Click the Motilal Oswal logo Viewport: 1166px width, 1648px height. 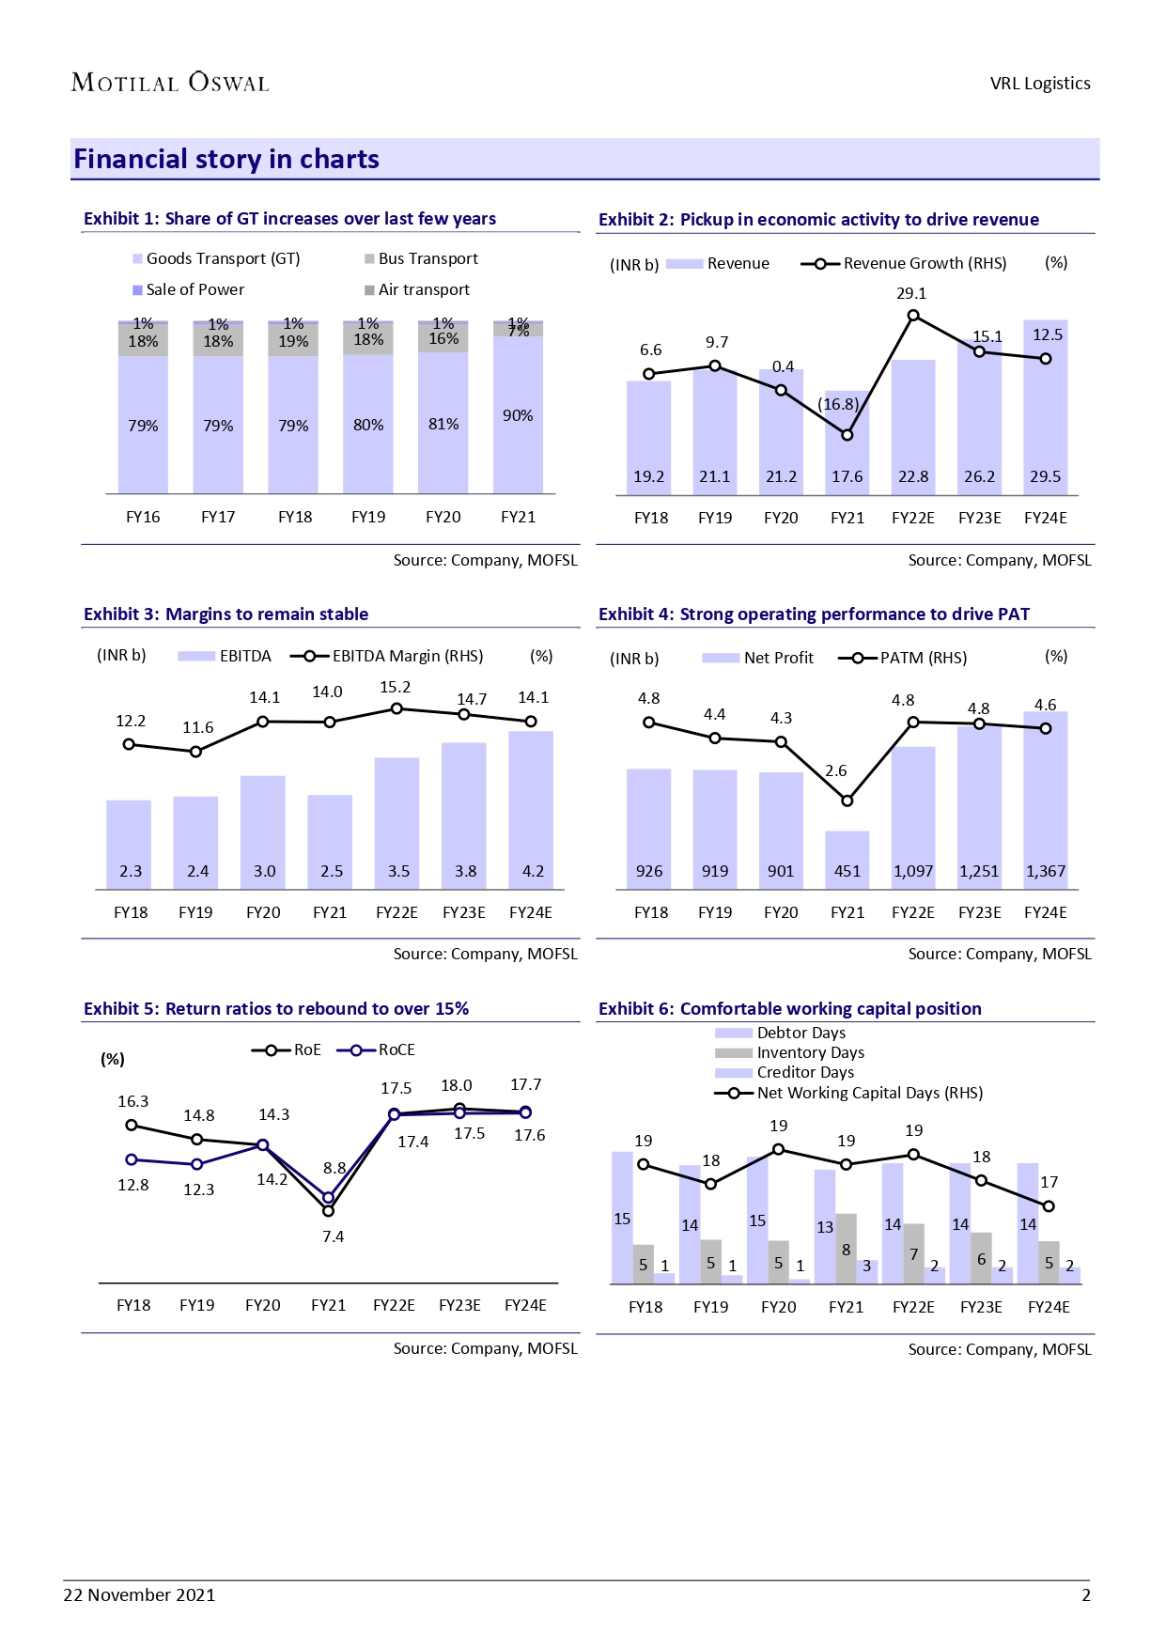170,83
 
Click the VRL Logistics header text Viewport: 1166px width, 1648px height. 1040,84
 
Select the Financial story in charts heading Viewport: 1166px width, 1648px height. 226,160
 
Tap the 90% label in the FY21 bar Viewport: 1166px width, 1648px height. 518,415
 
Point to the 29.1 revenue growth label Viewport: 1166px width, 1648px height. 910,293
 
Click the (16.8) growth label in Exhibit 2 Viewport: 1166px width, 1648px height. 838,404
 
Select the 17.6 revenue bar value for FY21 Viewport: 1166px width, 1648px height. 847,476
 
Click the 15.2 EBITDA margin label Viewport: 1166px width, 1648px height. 395,688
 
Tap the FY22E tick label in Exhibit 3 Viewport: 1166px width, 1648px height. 396,912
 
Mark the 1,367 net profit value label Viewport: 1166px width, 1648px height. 1045,871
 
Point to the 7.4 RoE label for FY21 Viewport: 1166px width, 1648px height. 333,1236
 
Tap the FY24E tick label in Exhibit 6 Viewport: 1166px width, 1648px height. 1049,1307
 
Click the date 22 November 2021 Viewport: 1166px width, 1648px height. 139,1594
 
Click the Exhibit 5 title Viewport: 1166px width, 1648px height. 276,1009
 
